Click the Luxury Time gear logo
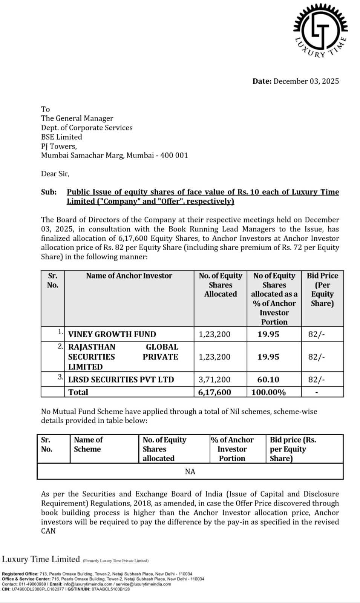click(x=320, y=30)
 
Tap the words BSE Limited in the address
click(x=61, y=137)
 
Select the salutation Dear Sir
click(x=55, y=174)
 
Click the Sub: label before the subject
click(x=49, y=192)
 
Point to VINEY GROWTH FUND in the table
click(x=112, y=334)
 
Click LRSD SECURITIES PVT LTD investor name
click(x=121, y=380)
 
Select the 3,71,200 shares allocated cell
click(x=214, y=380)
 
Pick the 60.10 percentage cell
click(x=268, y=380)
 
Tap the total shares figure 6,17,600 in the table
click(x=214, y=392)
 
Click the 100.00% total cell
click(x=268, y=392)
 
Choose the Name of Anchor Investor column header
click(x=129, y=276)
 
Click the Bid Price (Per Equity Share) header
click(x=322, y=289)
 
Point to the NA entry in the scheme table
click(x=190, y=471)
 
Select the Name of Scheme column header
click(x=88, y=445)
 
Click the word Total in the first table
click(x=78, y=392)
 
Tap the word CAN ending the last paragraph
click(x=48, y=531)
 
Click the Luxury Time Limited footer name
click(x=41, y=559)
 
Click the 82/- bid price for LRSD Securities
click(x=316, y=380)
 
